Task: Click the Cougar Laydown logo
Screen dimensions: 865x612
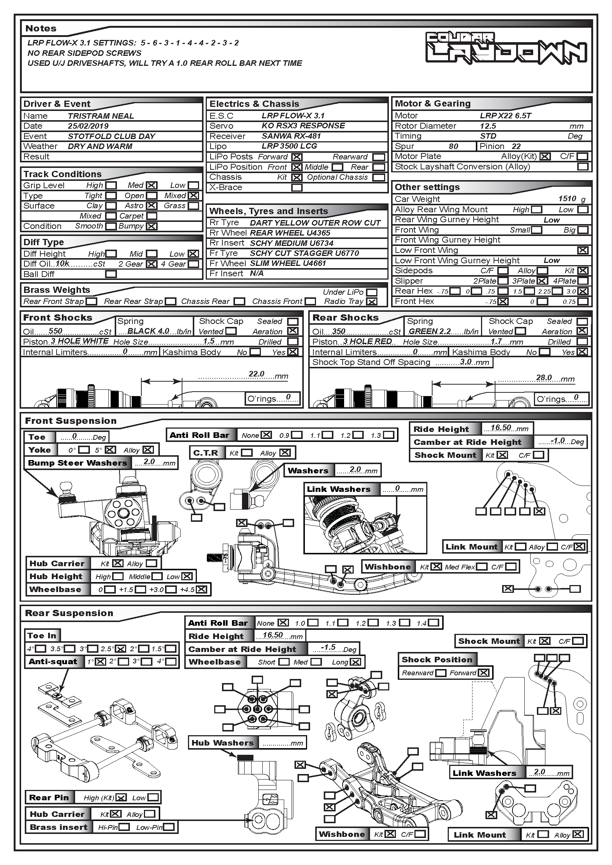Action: pyautogui.click(x=506, y=48)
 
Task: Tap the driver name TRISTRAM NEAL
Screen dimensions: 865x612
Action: pyautogui.click(x=101, y=116)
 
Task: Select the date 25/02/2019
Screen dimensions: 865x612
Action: pyautogui.click(x=88, y=126)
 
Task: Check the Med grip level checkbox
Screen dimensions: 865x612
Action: pyautogui.click(x=151, y=185)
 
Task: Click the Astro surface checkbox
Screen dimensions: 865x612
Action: pyautogui.click(x=151, y=206)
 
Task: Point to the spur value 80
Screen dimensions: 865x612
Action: pyautogui.click(x=453, y=146)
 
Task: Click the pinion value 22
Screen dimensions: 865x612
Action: pyautogui.click(x=516, y=146)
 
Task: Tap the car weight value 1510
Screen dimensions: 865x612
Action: pyautogui.click(x=567, y=199)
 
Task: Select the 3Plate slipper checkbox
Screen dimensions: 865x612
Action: pyautogui.click(x=542, y=281)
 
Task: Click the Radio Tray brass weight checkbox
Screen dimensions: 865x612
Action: pyautogui.click(x=371, y=301)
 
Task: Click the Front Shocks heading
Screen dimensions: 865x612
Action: pyautogui.click(x=58, y=318)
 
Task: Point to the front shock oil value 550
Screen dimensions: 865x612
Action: pyautogui.click(x=56, y=331)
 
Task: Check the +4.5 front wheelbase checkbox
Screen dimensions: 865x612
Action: pyautogui.click(x=202, y=589)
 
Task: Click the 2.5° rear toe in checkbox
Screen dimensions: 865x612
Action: pyautogui.click(x=121, y=649)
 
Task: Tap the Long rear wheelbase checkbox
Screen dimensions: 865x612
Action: pyautogui.click(x=355, y=662)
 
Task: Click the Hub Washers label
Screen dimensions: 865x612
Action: pyautogui.click(x=222, y=743)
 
